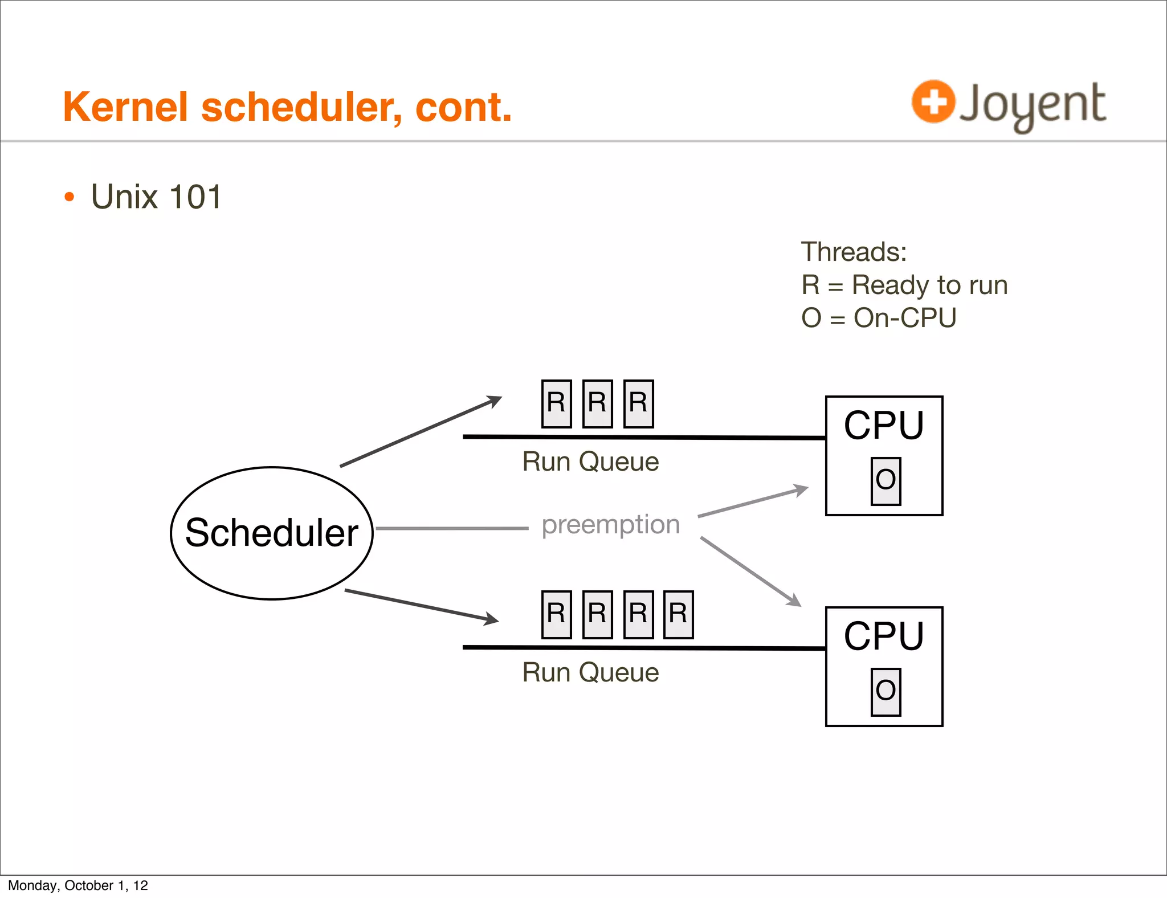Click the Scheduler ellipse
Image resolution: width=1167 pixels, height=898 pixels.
272,533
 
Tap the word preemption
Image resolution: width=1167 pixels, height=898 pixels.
610,524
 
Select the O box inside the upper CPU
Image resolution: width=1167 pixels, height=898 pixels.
886,481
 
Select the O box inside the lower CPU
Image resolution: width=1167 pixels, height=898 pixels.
886,692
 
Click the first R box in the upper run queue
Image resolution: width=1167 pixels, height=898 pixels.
556,403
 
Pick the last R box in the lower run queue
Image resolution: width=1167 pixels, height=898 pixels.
678,614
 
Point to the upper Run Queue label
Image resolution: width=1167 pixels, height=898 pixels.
590,462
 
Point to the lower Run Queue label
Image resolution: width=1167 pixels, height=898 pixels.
590,673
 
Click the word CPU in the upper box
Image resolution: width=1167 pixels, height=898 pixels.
884,426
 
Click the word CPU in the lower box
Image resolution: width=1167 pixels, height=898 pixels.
884,636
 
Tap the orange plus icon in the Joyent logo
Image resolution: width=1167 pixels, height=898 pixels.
933,102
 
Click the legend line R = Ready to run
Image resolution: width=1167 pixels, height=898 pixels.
904,285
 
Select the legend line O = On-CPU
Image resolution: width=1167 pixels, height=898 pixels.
878,318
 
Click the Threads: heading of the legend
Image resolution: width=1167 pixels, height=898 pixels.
854,252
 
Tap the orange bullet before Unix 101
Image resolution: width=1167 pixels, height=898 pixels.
70,197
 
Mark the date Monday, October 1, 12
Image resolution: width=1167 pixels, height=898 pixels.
78,885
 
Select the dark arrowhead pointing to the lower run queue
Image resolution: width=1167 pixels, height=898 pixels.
491,619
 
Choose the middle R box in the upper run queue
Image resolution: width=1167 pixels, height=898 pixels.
597,403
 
